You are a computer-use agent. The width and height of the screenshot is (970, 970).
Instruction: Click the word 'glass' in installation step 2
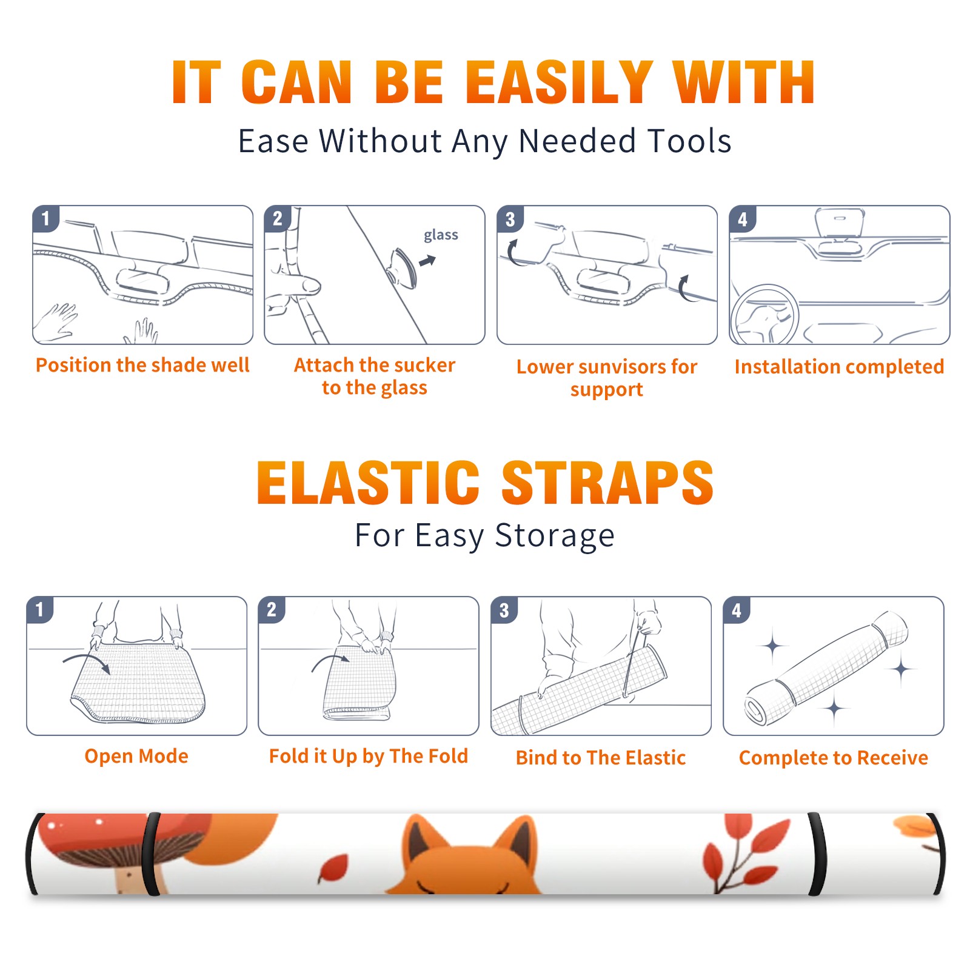click(x=441, y=235)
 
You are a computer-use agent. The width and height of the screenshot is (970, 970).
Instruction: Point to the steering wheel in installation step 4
click(x=764, y=314)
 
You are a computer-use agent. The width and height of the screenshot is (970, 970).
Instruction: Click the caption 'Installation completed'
click(x=839, y=367)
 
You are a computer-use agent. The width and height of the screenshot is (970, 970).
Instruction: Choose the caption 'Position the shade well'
click(x=142, y=365)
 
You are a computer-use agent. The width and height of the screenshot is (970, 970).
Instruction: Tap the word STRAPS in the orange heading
click(x=607, y=483)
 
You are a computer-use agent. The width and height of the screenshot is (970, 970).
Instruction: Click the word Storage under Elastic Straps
click(x=555, y=536)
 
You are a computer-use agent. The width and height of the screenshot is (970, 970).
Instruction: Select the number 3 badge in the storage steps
click(x=504, y=610)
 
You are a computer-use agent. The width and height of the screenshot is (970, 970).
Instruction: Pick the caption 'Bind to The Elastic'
click(x=601, y=758)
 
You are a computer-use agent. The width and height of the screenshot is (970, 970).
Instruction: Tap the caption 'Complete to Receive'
click(x=834, y=758)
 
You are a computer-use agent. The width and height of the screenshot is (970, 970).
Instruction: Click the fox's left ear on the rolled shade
click(x=422, y=838)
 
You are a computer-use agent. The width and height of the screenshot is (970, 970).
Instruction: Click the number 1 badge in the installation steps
click(x=45, y=218)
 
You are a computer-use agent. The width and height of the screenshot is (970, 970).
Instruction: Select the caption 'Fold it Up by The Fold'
click(x=369, y=757)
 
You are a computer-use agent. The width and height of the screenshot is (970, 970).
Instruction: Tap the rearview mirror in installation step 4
click(x=840, y=223)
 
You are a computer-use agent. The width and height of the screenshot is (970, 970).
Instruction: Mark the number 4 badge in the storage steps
click(x=737, y=610)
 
